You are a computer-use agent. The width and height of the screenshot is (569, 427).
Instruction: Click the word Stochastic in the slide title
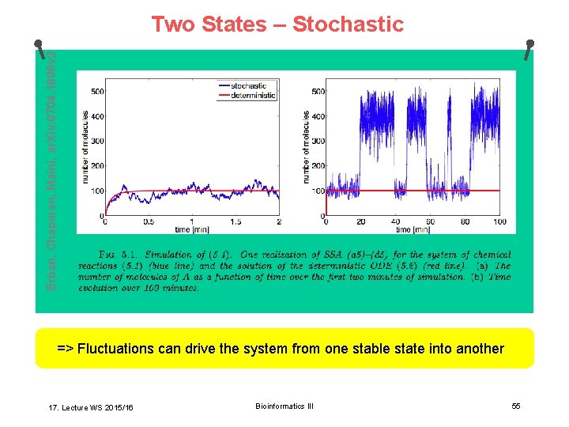point(348,25)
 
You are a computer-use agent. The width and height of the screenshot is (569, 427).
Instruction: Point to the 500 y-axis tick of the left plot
point(98,92)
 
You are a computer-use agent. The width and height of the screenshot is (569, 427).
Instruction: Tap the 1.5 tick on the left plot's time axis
point(236,222)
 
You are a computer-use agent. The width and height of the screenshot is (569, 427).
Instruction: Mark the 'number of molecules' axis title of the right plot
point(307,148)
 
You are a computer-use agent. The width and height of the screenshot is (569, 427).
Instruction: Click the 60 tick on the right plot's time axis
point(430,222)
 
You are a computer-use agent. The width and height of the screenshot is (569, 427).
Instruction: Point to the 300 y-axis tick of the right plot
point(318,142)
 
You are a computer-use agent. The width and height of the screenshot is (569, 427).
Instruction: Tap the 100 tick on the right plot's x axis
point(499,222)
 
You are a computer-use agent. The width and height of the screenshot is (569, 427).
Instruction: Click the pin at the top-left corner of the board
point(39,44)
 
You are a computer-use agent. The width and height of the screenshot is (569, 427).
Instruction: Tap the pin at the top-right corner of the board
point(530,44)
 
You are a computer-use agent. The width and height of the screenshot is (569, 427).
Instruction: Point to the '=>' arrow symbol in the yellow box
point(66,349)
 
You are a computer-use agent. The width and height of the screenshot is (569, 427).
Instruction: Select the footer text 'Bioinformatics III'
point(284,406)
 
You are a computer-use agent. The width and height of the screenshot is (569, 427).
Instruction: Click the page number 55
point(515,406)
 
